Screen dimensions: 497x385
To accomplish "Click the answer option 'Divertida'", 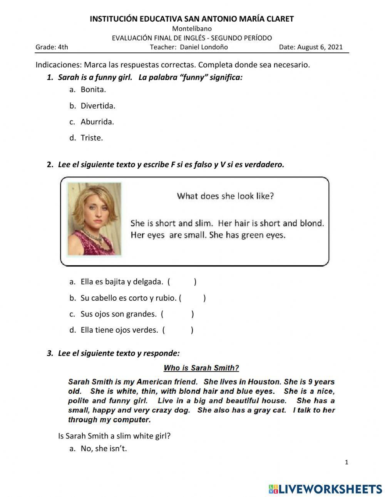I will pyautogui.click(x=98, y=105).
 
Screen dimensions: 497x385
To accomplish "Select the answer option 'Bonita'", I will pyautogui.click(x=93, y=89).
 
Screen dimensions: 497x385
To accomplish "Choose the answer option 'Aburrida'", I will pyautogui.click(x=97, y=122).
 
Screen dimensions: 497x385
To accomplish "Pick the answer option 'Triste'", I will pyautogui.click(x=92, y=138).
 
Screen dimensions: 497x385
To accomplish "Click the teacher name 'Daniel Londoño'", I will pyautogui.click(x=204, y=47).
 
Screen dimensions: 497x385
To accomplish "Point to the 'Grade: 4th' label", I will pyautogui.click(x=52, y=47).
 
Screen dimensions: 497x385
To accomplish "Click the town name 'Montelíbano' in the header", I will pyautogui.click(x=192, y=28).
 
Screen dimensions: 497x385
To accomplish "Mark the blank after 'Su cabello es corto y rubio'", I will pyautogui.click(x=193, y=298).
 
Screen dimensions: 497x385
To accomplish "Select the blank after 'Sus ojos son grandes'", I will pyautogui.click(x=177, y=314).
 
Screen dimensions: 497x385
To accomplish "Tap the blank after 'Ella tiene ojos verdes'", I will pyautogui.click(x=178, y=330).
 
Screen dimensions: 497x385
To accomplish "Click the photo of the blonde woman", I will pyautogui.click(x=94, y=219).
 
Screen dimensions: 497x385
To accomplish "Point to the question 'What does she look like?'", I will pyautogui.click(x=225, y=196).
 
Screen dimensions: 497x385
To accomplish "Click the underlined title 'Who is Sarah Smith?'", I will pyautogui.click(x=201, y=368).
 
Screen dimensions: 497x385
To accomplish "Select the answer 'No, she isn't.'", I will pyautogui.click(x=104, y=448).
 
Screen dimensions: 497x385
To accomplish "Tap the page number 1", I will pyautogui.click(x=346, y=462).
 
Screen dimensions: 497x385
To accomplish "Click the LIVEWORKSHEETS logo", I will pyautogui.click(x=325, y=489).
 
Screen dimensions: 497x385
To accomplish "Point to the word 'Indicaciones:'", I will pyautogui.click(x=59, y=65).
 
